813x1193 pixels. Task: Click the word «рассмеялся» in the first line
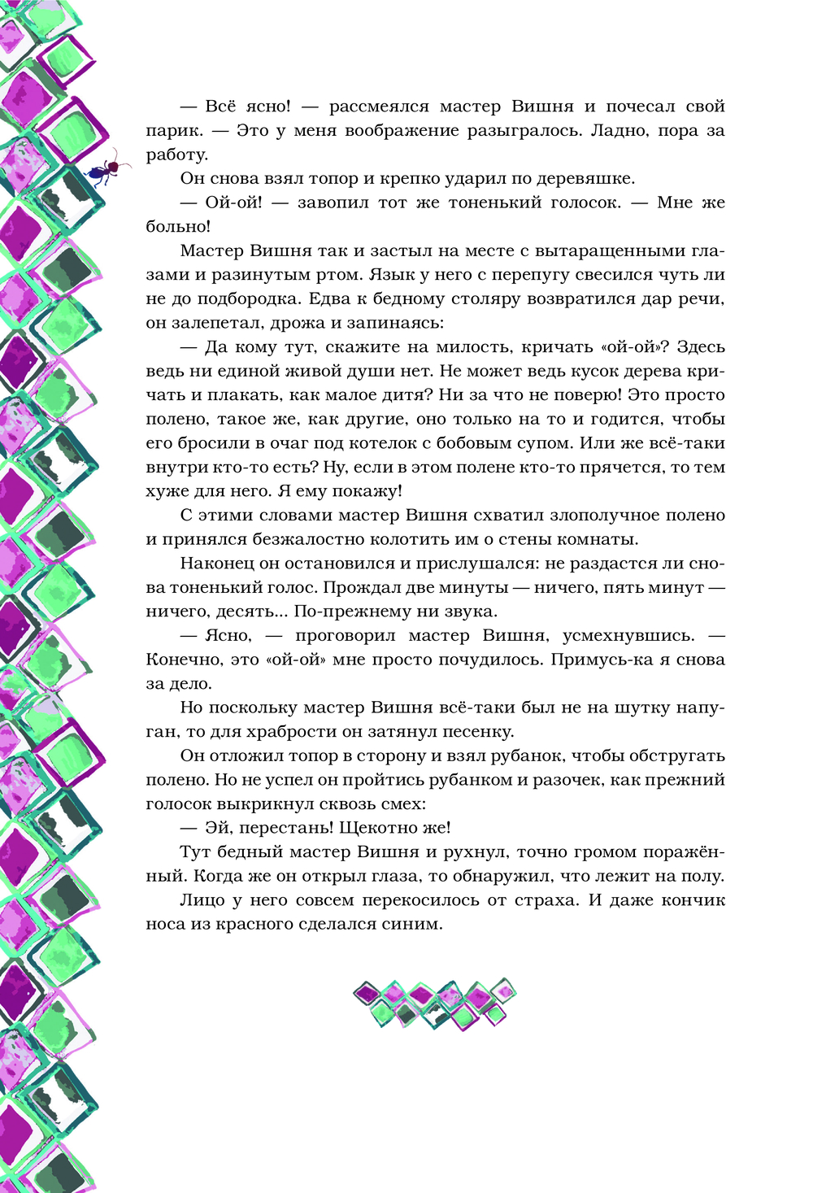(379, 107)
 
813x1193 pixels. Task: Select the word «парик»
(172, 131)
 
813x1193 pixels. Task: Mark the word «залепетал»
(220, 323)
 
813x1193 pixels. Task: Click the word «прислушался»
(470, 564)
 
